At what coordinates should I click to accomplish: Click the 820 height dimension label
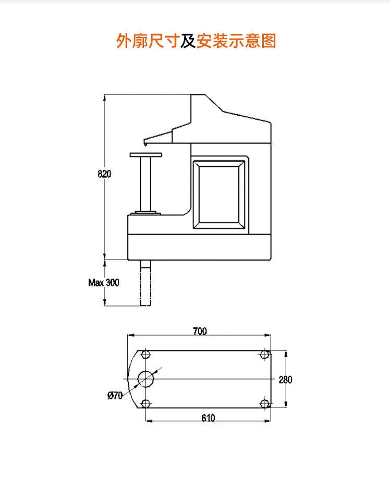pos(104,174)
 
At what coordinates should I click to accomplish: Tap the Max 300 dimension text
pos(104,283)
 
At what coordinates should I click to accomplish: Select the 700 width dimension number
pos(200,331)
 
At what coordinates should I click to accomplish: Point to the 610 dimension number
pos(208,418)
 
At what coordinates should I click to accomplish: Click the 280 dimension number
pos(285,380)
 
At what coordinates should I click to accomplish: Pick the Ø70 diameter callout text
pos(115,395)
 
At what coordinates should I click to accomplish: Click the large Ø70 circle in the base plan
pos(145,379)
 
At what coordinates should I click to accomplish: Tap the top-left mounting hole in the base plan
pos(145,354)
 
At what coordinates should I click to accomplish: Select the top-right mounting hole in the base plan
pos(265,354)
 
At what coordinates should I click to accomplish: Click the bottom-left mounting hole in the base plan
pos(145,404)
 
